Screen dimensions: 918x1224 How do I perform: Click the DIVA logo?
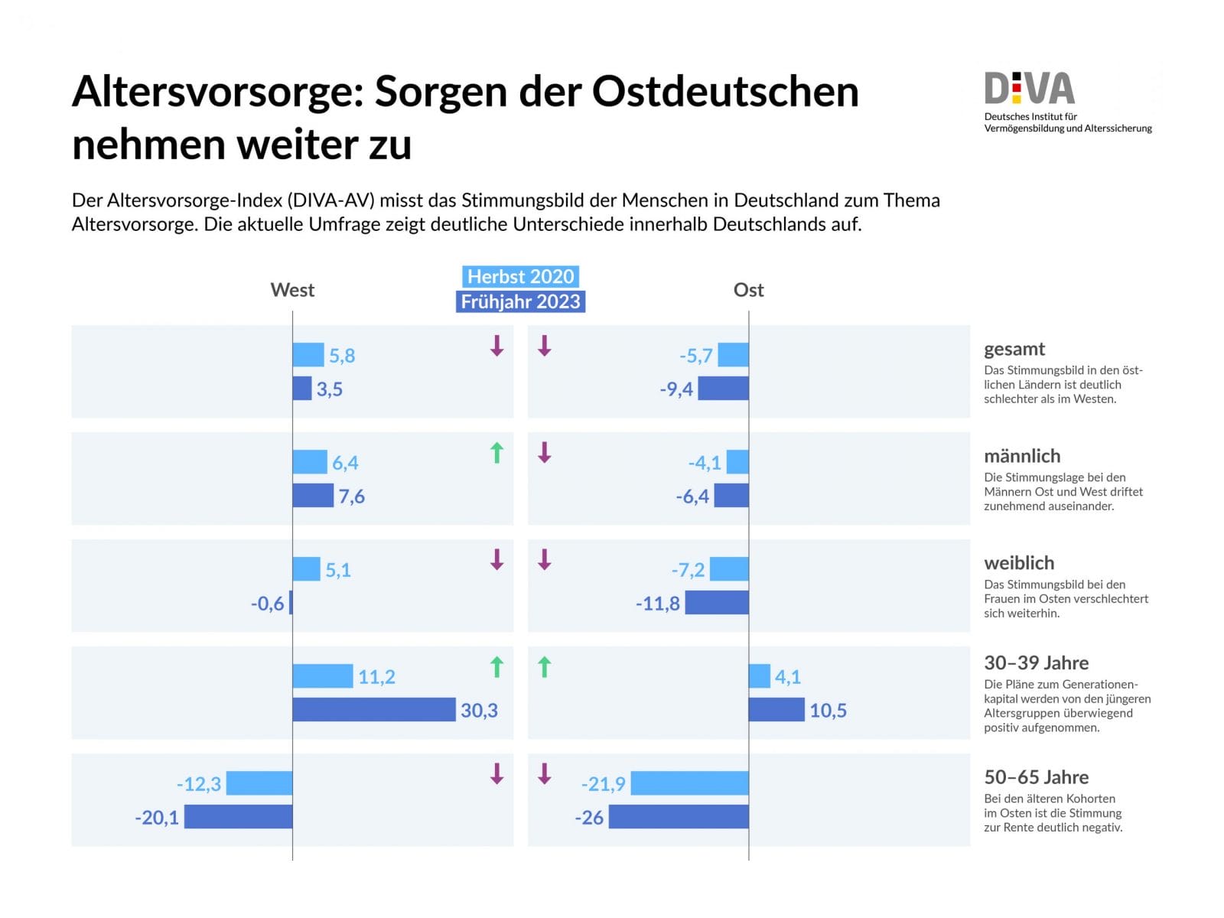pyautogui.click(x=1030, y=90)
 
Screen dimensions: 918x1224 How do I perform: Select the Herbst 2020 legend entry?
pyautogui.click(x=520, y=276)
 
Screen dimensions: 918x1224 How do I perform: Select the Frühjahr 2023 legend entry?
pyautogui.click(x=520, y=301)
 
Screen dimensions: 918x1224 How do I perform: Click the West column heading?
pyautogui.click(x=292, y=290)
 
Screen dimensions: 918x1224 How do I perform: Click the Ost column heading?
pyautogui.click(x=748, y=290)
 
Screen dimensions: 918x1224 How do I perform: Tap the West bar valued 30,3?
pyautogui.click(x=373, y=710)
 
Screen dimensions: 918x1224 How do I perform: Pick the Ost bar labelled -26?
pyautogui.click(x=679, y=817)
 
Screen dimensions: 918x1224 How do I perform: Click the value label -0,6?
pyautogui.click(x=267, y=604)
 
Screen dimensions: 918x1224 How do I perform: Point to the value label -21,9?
pyautogui.click(x=603, y=784)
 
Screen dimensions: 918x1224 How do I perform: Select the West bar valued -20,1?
pyautogui.click(x=238, y=817)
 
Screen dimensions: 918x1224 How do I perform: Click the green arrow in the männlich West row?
pyautogui.click(x=496, y=453)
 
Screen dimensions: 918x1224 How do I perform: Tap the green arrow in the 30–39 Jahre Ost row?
pyautogui.click(x=544, y=667)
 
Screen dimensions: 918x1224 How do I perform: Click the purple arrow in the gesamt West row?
pyautogui.click(x=496, y=346)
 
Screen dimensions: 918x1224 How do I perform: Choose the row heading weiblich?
pyautogui.click(x=1018, y=563)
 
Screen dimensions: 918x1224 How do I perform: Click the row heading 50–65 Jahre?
pyautogui.click(x=1036, y=777)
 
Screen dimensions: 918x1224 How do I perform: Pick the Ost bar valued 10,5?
pyautogui.click(x=776, y=710)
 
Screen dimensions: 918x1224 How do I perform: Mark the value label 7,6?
pyautogui.click(x=352, y=496)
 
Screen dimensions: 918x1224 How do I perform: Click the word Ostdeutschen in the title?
pyautogui.click(x=725, y=92)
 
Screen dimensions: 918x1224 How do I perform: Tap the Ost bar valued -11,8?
pyautogui.click(x=717, y=603)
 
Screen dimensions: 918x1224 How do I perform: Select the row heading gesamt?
pyautogui.click(x=1014, y=349)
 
